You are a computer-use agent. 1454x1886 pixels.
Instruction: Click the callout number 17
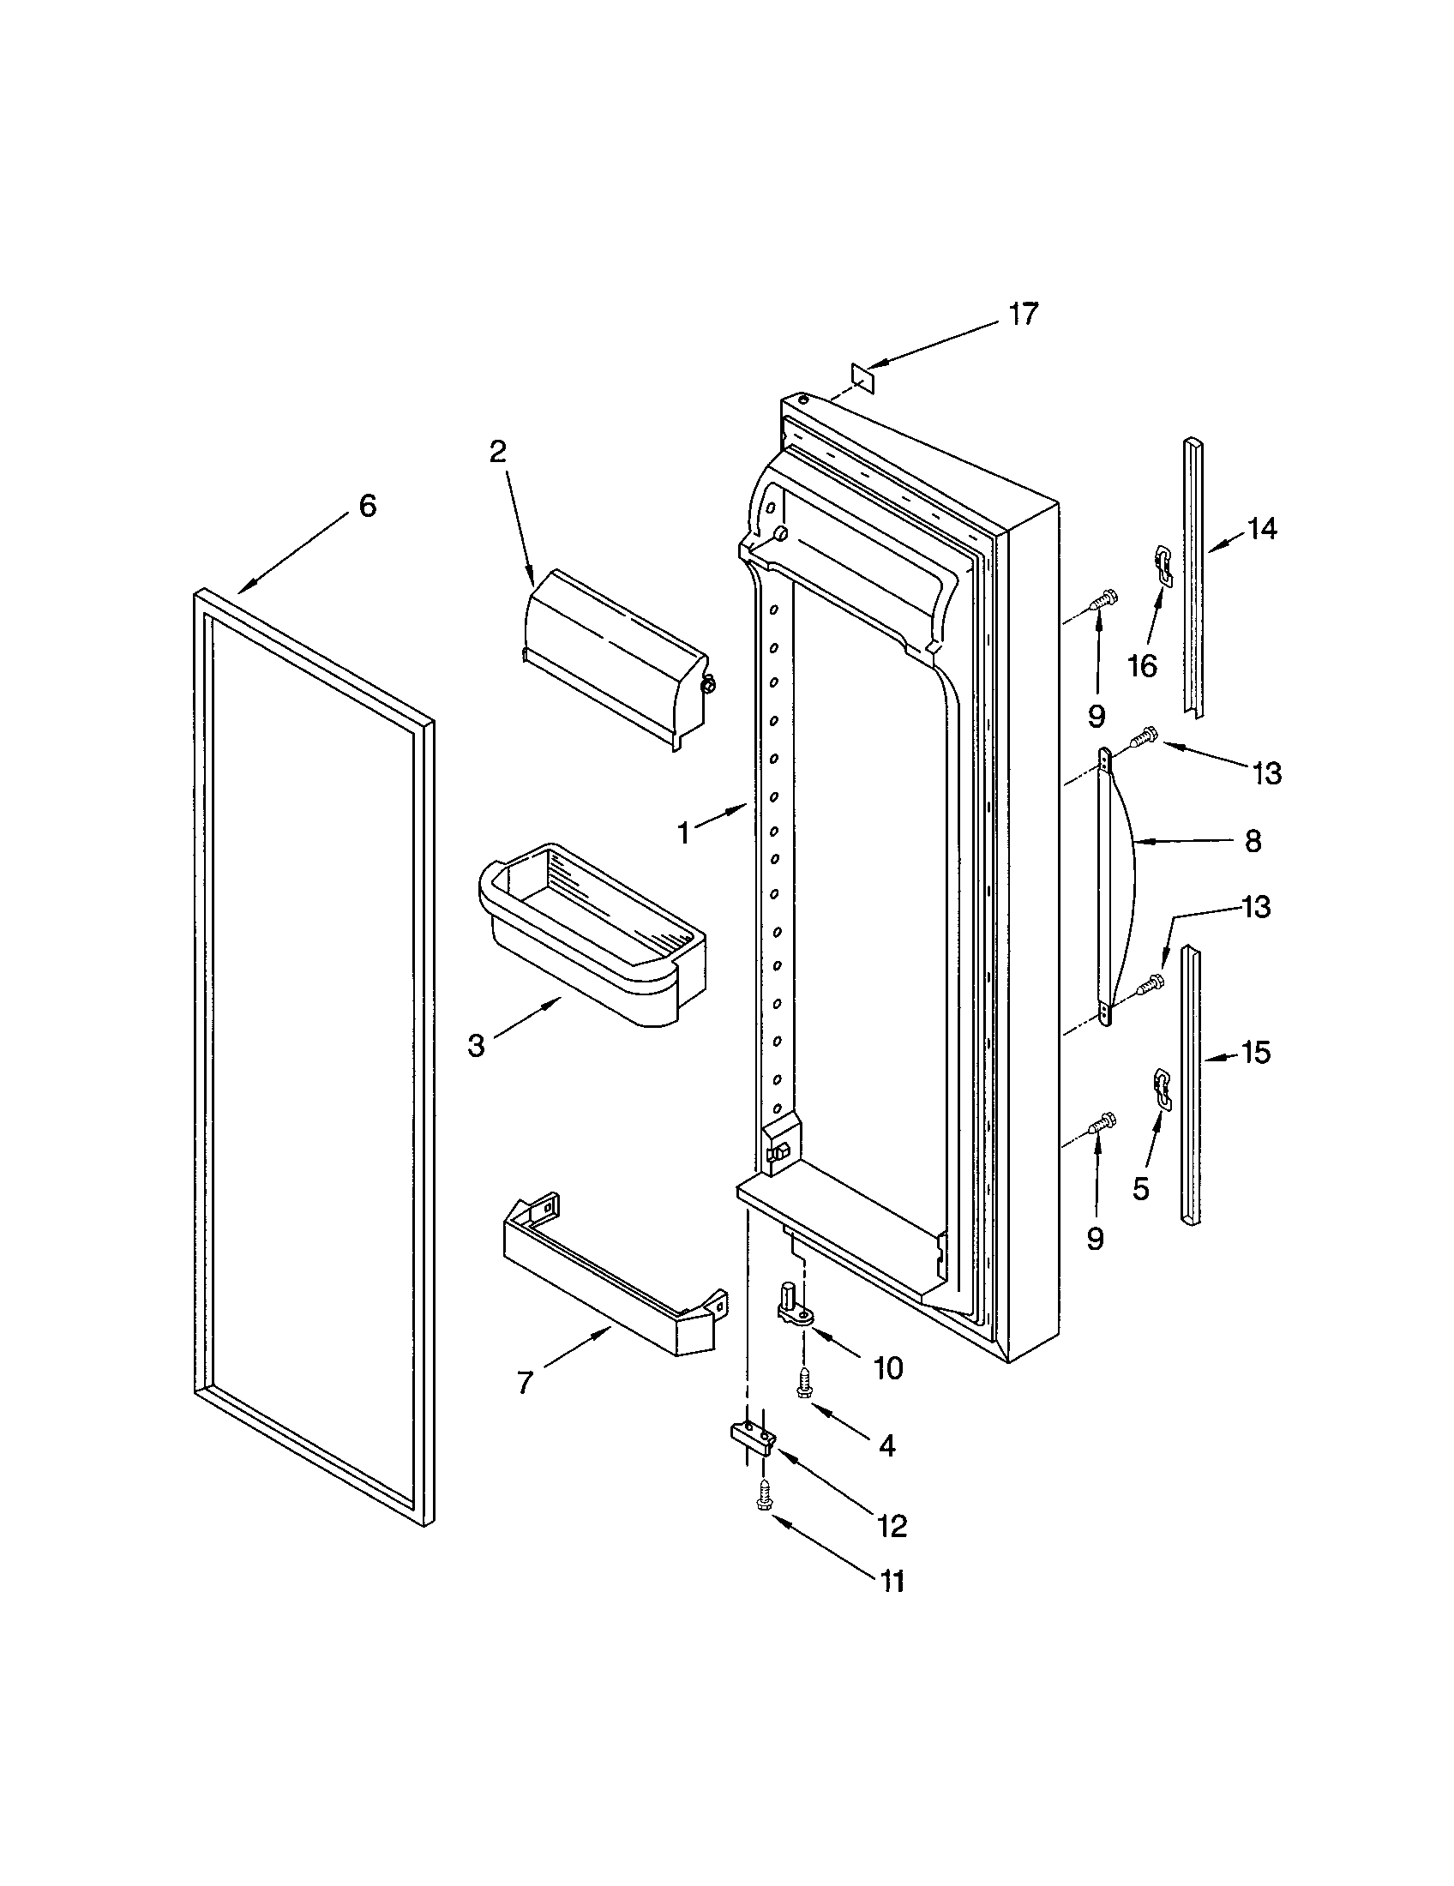tap(1023, 315)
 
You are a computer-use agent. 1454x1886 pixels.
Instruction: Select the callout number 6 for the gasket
tap(368, 506)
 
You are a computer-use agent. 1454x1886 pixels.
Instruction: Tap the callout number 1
tap(684, 833)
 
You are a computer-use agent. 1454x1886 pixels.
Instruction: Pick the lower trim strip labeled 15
tap(1191, 1087)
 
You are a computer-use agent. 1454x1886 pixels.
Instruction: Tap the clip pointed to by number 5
tap(1163, 1089)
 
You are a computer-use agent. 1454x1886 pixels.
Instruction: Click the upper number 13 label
tap(1266, 774)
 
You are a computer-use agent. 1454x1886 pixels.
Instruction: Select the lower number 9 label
tap(1095, 1240)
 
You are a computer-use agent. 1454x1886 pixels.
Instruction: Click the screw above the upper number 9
tap(1103, 598)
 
